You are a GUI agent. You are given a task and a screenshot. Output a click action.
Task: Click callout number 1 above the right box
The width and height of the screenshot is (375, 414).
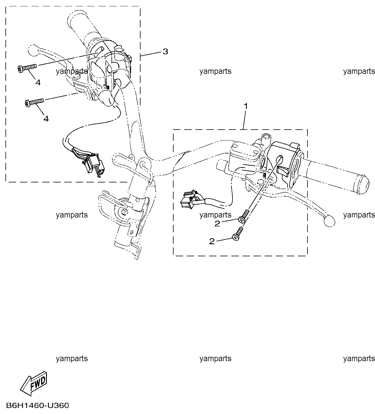[x=246, y=106]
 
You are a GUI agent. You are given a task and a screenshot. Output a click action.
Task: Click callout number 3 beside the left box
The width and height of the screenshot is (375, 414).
[x=166, y=51]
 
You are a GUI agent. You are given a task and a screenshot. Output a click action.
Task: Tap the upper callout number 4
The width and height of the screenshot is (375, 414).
[x=38, y=83]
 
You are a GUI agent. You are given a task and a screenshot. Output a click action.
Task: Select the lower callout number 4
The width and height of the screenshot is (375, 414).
[x=46, y=119]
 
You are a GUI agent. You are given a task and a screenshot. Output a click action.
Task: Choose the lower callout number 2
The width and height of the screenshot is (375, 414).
[x=212, y=241]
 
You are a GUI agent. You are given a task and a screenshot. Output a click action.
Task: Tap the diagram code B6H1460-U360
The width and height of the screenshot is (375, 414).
[x=38, y=406]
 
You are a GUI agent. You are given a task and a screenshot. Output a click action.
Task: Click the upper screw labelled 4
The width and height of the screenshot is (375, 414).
[x=27, y=68]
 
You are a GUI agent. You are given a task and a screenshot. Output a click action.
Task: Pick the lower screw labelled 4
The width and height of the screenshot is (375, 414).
[x=34, y=103]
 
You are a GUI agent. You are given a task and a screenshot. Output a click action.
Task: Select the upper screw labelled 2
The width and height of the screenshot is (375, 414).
[x=244, y=216]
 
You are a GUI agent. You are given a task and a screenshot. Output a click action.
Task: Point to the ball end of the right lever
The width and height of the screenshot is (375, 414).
[x=329, y=221]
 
